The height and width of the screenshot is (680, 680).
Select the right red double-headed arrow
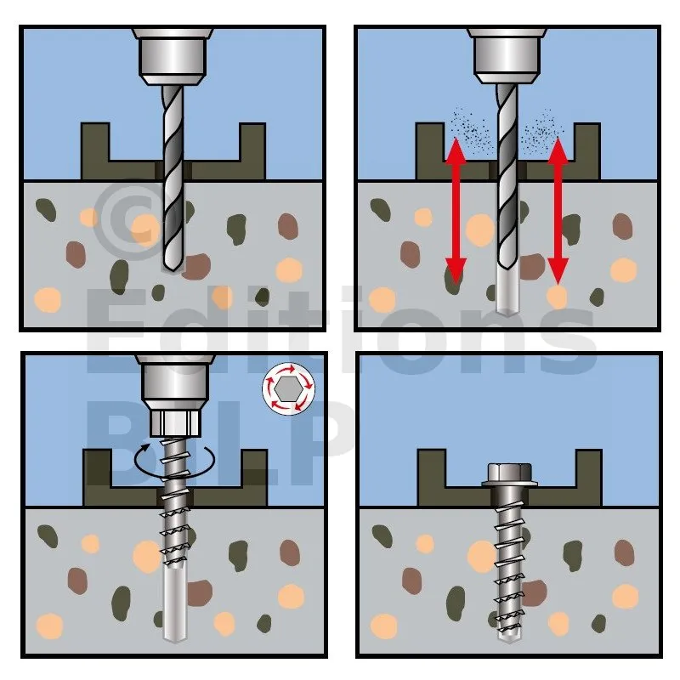pos(558,211)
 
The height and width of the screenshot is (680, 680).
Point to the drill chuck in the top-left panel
pos(173,56)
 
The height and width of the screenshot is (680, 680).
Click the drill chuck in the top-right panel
pos(507,56)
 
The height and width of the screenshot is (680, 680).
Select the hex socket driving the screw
pos(175,423)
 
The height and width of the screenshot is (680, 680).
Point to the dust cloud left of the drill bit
pos(471,130)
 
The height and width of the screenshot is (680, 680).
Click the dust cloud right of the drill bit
pos(542,130)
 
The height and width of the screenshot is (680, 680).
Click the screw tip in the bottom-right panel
pos(508,637)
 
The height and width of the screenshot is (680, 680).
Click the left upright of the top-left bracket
pos(95,151)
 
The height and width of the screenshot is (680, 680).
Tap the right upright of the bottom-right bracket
pos(588,478)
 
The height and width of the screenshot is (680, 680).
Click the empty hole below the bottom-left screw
pos(174,605)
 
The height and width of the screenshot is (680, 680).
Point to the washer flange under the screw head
pos(509,483)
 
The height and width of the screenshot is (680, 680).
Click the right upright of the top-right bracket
pos(587,151)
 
